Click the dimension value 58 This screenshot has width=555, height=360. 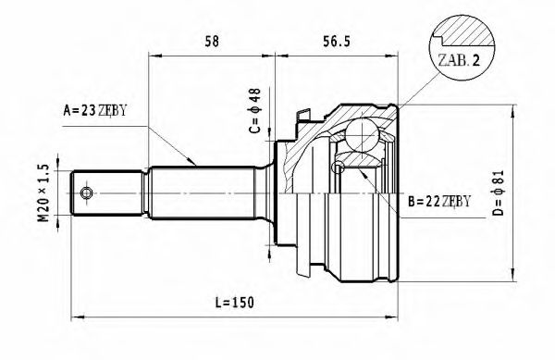tap(212, 41)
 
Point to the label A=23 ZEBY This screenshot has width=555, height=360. tap(94, 110)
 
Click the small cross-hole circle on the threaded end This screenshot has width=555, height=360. tap(86, 192)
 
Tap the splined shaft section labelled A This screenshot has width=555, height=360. tap(199, 192)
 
